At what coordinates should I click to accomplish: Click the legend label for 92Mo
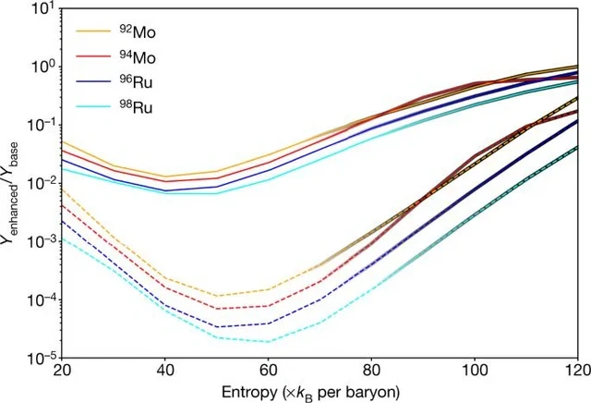coord(138,31)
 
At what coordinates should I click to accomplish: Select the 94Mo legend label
coord(138,57)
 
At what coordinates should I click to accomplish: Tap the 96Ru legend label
coord(136,82)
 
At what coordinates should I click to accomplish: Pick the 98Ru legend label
coord(136,107)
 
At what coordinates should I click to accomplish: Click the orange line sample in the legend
coord(94,31)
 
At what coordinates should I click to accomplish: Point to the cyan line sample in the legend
coord(94,106)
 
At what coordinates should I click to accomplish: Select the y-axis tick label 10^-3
coord(40,240)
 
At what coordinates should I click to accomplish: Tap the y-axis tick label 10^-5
coord(40,358)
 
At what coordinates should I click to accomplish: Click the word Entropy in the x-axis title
coord(249,393)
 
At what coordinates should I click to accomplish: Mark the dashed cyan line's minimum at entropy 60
coord(268,342)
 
